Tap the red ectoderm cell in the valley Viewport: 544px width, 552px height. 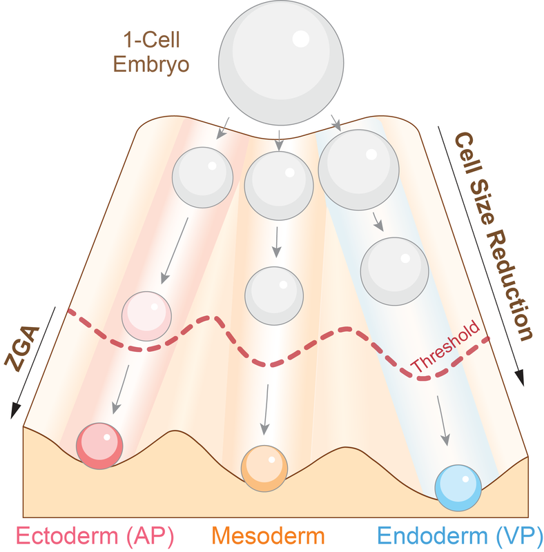point(99,445)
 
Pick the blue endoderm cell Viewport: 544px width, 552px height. point(458,487)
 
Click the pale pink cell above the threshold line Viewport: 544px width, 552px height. point(146,316)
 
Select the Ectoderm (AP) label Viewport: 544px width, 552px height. point(95,535)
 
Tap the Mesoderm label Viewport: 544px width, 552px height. point(268,535)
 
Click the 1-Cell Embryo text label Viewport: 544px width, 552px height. point(156,52)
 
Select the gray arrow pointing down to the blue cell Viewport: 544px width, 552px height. point(443,420)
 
